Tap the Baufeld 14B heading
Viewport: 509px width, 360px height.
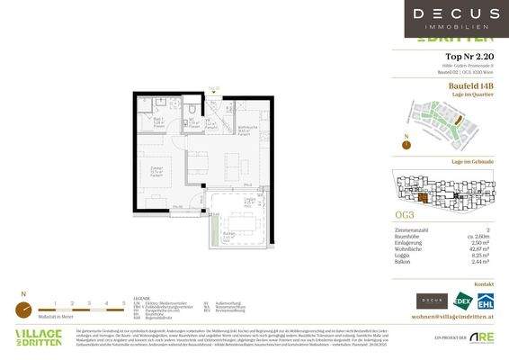[474, 86]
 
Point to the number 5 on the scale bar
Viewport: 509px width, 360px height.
[121, 302]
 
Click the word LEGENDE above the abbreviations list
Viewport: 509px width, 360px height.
[140, 296]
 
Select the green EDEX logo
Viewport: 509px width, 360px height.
[463, 301]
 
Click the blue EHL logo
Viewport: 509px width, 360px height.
[487, 301]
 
